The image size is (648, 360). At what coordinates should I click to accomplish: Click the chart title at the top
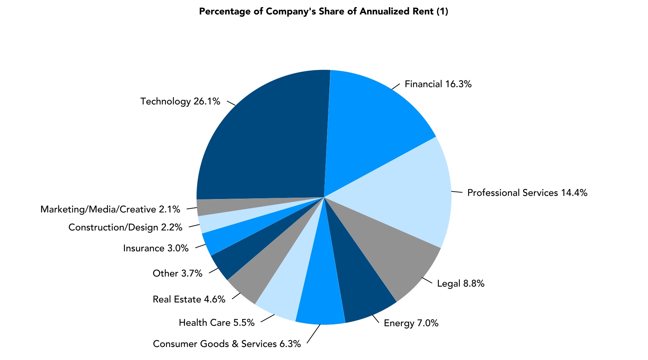point(324,12)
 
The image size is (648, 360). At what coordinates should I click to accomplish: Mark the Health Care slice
point(284,288)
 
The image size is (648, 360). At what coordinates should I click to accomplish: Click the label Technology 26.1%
point(180,102)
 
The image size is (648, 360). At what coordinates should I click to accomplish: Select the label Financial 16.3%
point(438,84)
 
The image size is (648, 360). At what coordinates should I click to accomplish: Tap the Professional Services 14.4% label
point(527,193)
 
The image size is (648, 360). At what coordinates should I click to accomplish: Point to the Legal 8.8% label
point(461,284)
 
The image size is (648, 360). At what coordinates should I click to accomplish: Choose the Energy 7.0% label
point(411,323)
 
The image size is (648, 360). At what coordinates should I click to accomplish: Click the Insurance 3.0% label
point(156,248)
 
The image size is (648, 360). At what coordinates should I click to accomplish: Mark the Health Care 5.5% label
point(216,323)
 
